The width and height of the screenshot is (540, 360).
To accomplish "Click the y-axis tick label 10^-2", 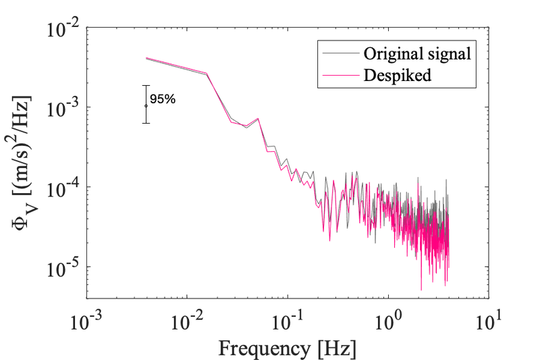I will (x=64, y=30).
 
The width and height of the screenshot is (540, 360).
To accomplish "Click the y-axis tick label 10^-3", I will (x=64, y=108).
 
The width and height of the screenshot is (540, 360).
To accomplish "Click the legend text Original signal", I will (x=416, y=53).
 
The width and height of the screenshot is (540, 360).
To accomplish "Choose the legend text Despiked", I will (x=397, y=75).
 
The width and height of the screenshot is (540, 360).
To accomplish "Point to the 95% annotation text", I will (x=163, y=99).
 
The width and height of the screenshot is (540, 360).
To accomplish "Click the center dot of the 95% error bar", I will (x=146, y=105).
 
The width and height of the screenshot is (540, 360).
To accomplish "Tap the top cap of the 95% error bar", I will (x=146, y=86).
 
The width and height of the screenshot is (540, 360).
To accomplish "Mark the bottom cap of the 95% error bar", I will (x=146, y=123).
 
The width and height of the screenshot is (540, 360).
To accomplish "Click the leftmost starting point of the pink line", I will (x=146, y=58).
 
